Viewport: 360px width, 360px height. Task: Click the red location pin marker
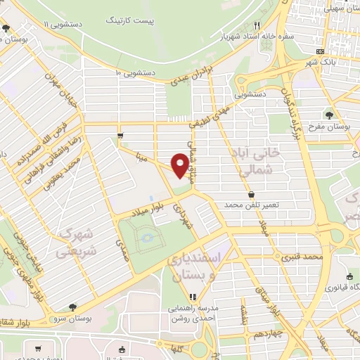coord(181,165)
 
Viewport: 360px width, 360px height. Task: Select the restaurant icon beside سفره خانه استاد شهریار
coord(257,25)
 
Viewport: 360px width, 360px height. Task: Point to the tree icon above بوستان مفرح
coord(329,114)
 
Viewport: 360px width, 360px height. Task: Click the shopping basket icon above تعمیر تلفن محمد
coord(252,194)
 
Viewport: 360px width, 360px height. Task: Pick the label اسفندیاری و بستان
coord(193,268)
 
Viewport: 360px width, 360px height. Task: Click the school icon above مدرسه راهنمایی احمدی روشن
coord(193,296)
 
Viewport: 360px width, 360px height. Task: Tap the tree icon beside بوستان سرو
coord(73,308)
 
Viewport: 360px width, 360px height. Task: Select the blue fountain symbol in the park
coord(147,237)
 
